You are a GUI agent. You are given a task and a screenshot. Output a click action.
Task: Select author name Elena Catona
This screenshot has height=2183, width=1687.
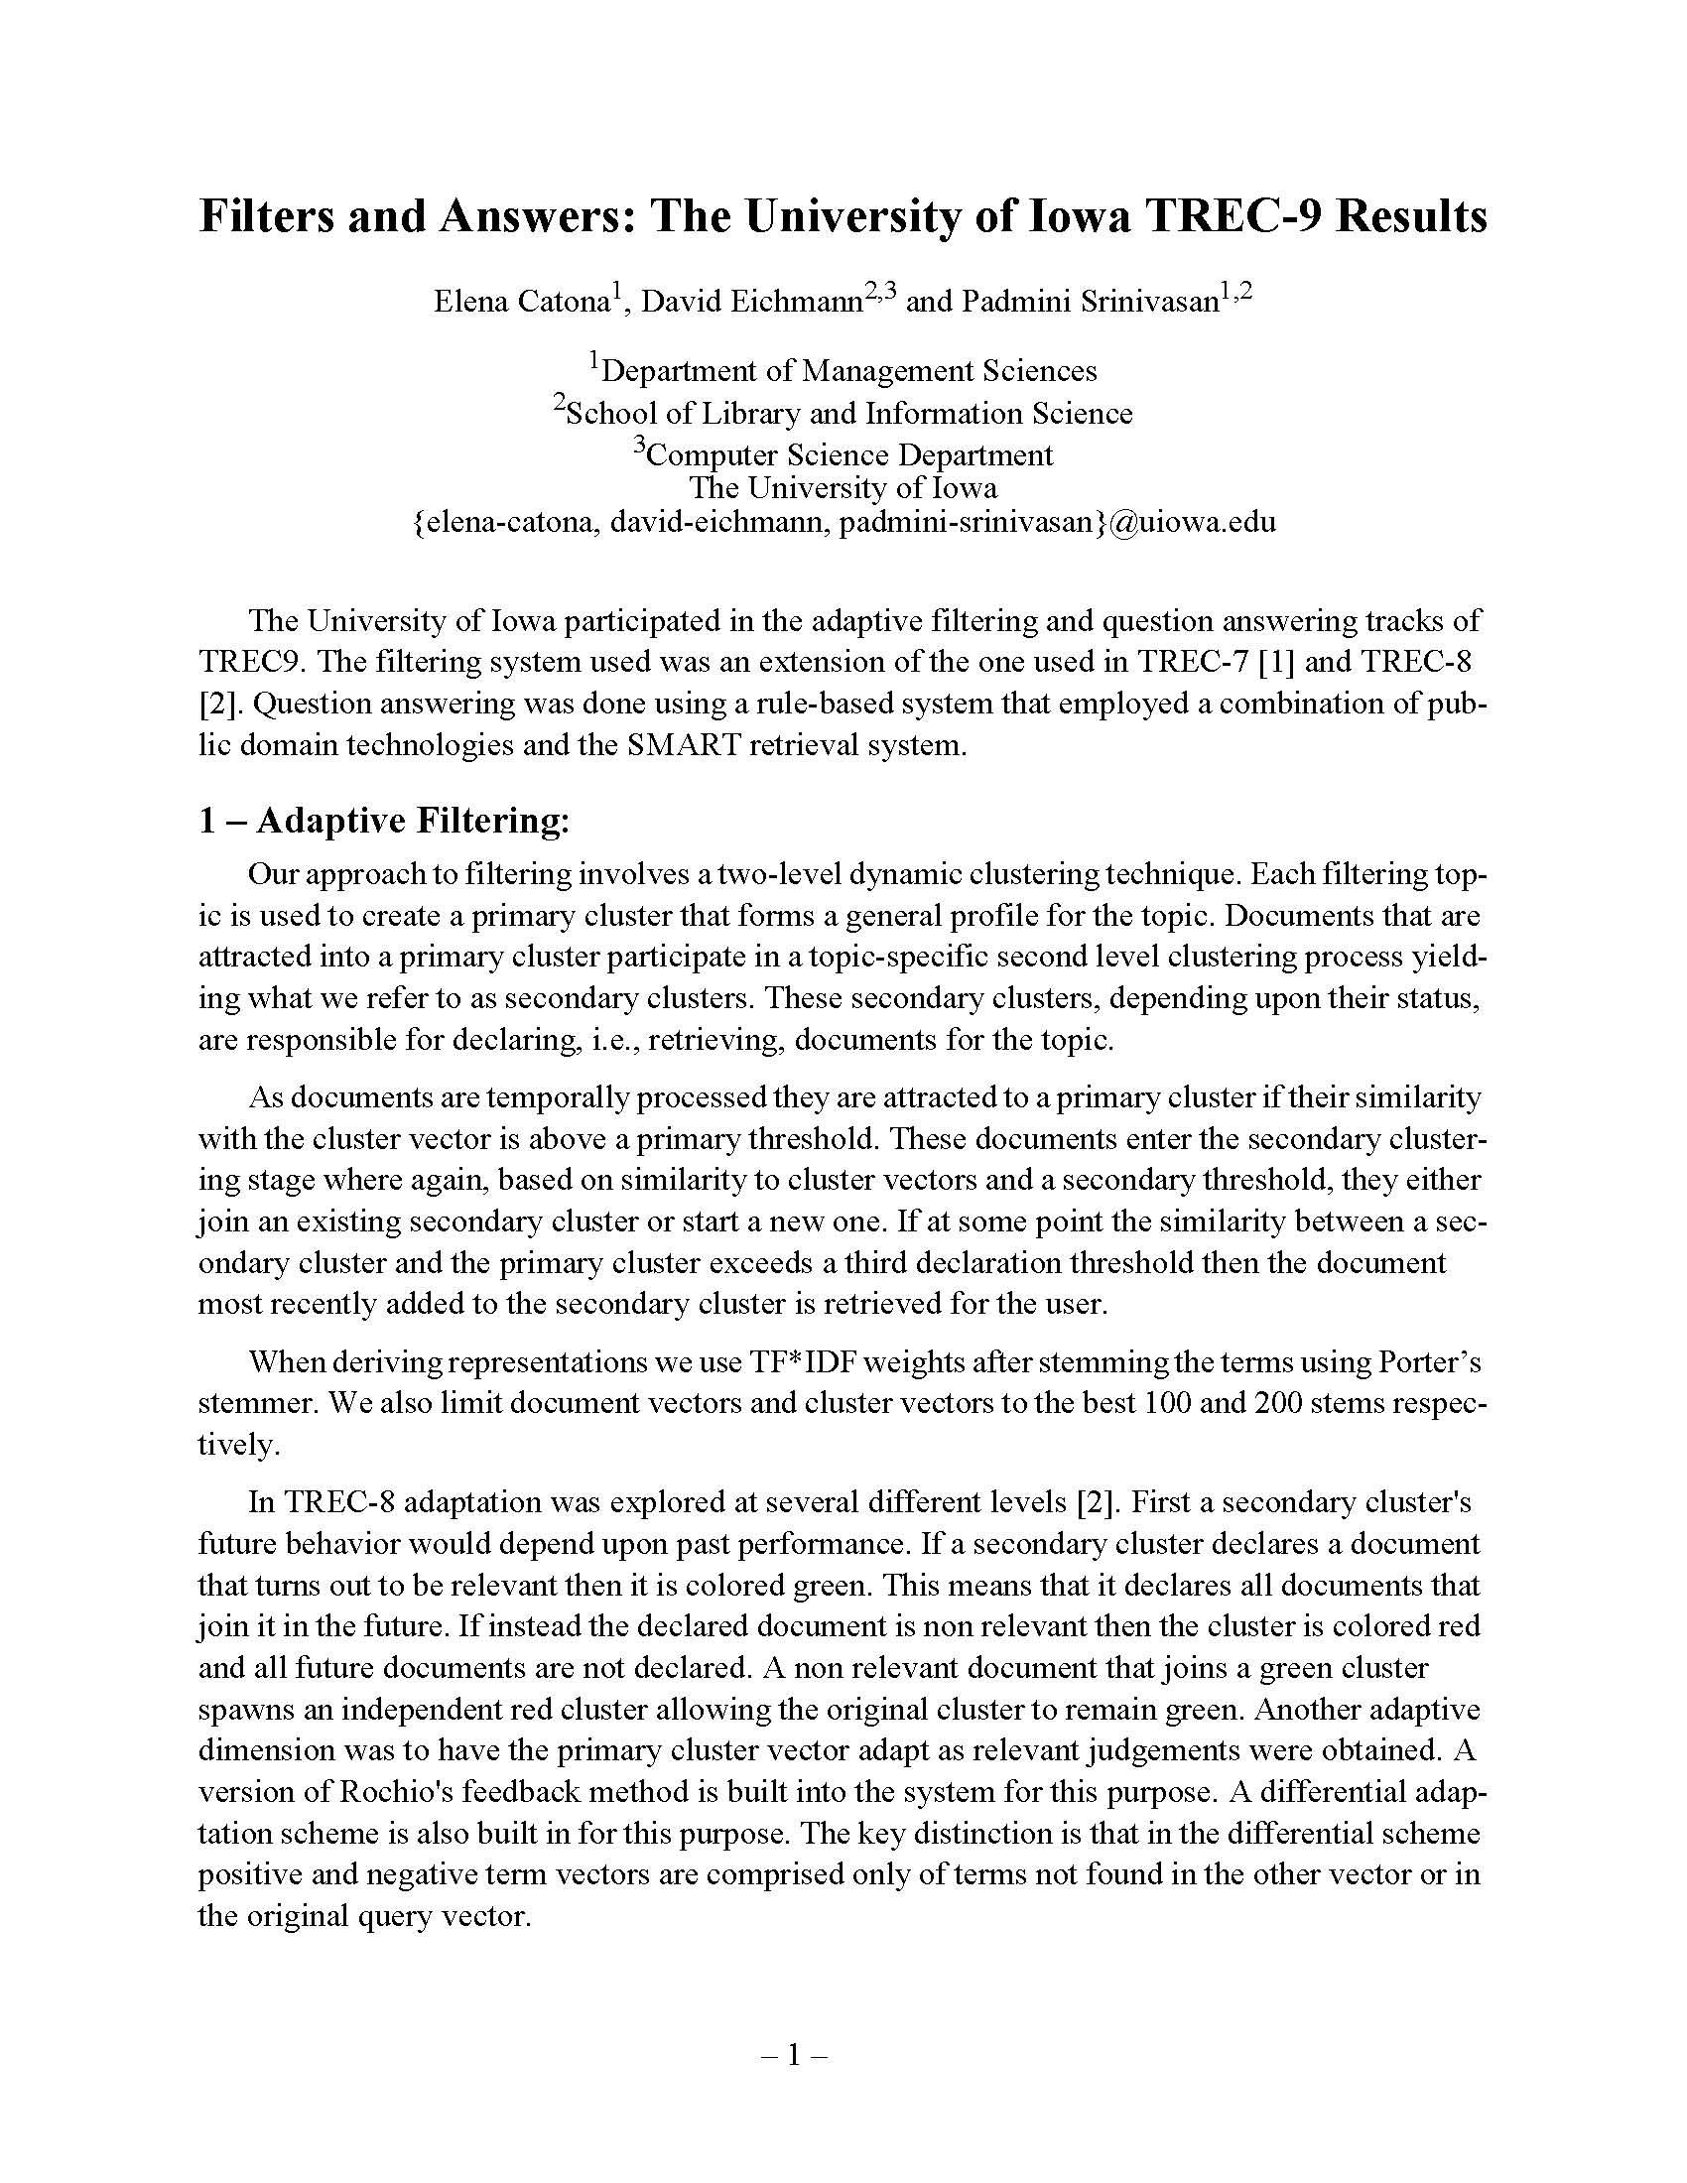tap(521, 301)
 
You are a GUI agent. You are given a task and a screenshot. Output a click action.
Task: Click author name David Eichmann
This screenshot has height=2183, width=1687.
tap(750, 301)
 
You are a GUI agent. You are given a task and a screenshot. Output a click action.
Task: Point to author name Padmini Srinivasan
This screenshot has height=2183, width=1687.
tap(1090, 301)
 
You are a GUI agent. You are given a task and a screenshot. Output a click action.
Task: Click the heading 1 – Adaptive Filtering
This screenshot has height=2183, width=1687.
tap(384, 821)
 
